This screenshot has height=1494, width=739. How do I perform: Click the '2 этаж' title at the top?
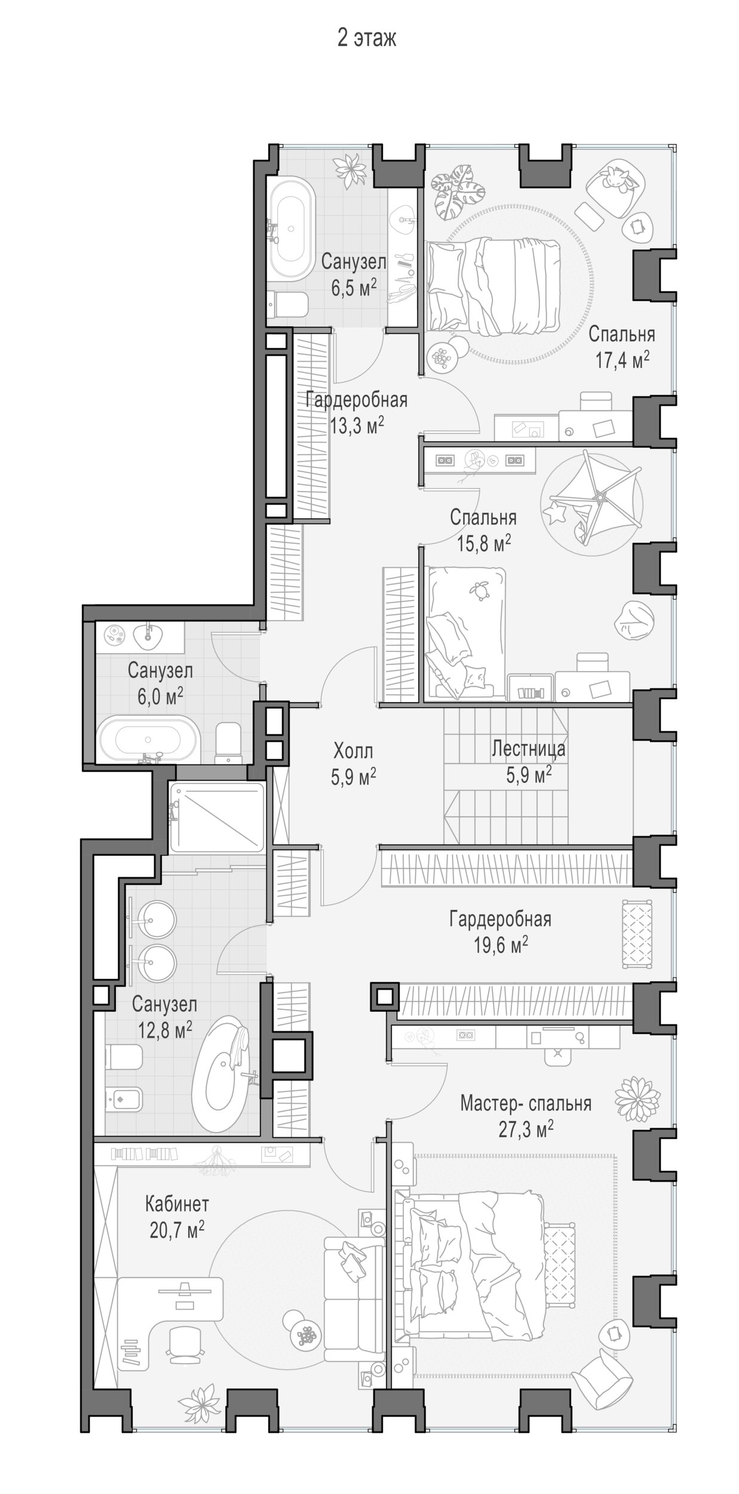(x=366, y=39)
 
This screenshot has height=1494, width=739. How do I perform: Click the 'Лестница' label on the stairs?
(x=528, y=748)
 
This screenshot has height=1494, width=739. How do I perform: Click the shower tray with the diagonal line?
(x=217, y=818)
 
